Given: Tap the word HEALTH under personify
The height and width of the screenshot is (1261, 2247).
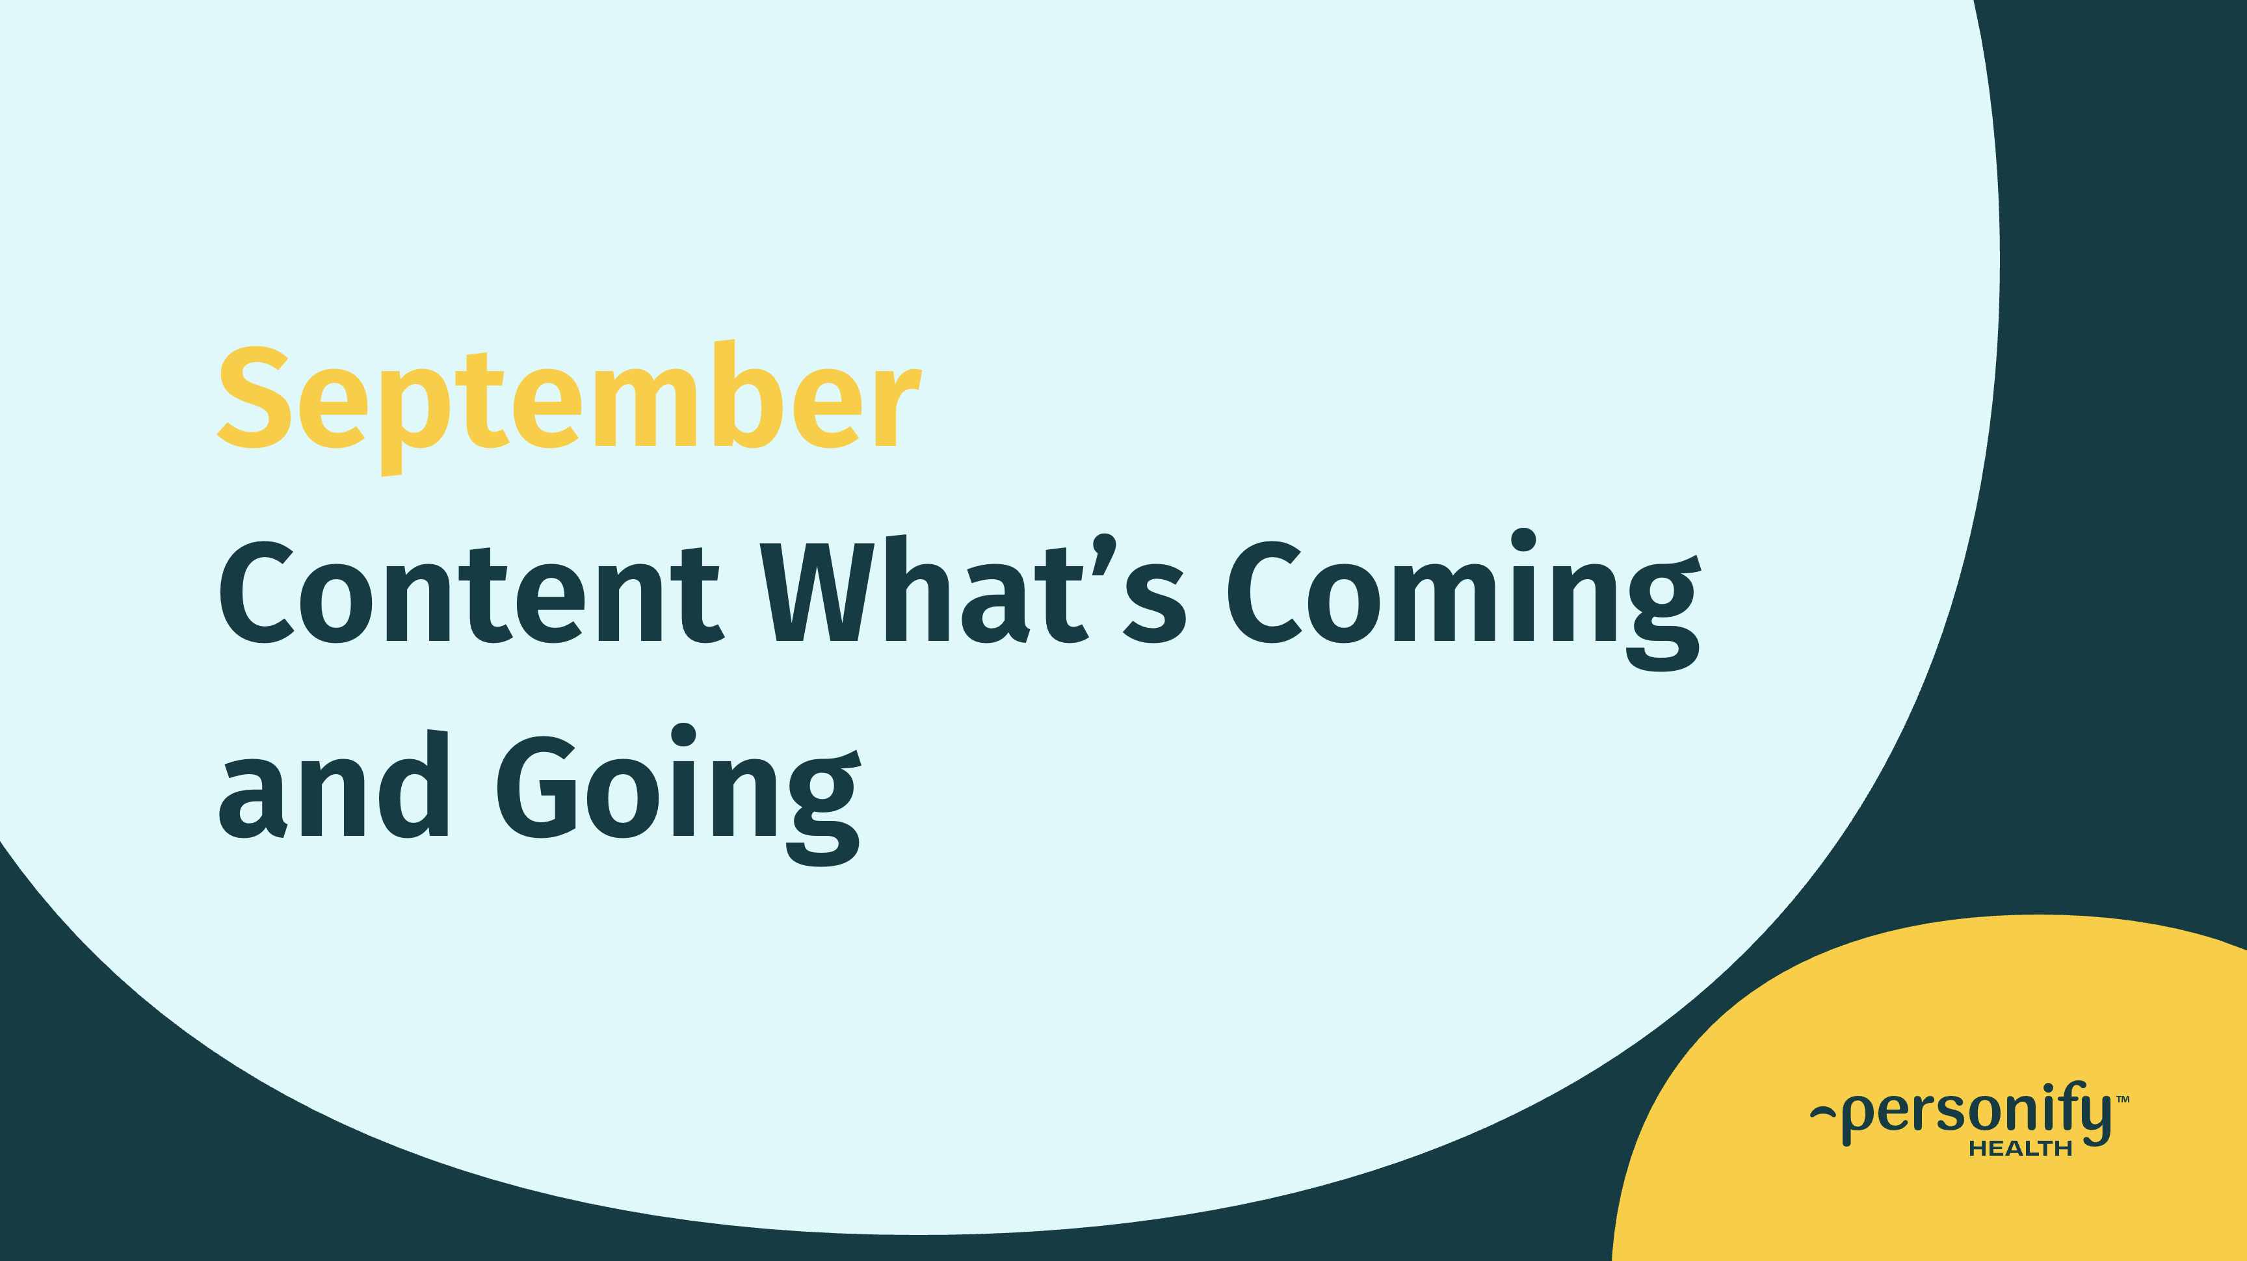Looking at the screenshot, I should click(2020, 1149).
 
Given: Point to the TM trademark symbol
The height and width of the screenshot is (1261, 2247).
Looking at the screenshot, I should click(2123, 1100).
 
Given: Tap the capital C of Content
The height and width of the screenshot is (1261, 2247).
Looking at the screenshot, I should click(255, 593).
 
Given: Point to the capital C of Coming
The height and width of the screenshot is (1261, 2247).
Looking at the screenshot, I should click(1264, 593).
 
